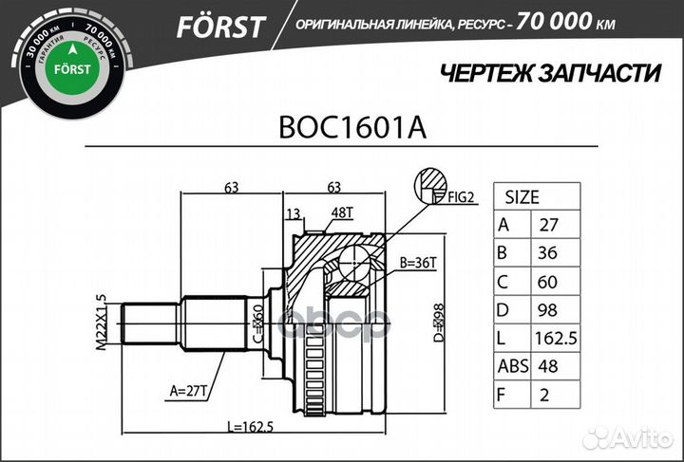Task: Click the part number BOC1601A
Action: pos(350,128)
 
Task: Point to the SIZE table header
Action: pos(522,198)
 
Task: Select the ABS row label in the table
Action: pos(513,367)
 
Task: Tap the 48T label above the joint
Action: pos(341,213)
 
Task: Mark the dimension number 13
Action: pos(293,213)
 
